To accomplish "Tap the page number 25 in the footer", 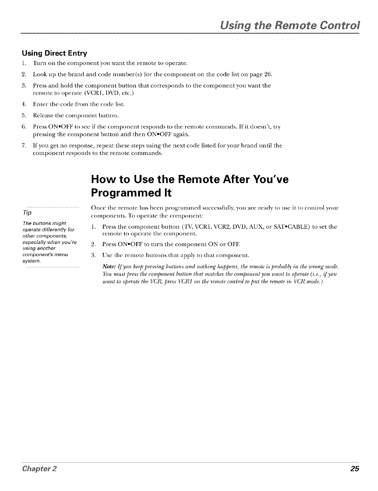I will point(355,469).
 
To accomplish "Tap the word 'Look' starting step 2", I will point(39,74).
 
